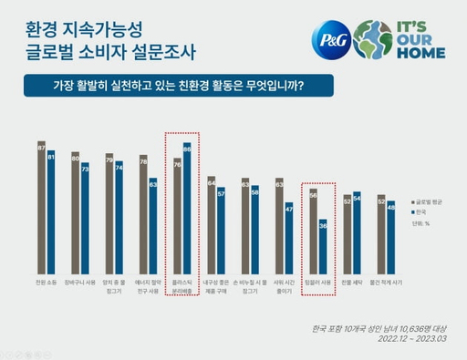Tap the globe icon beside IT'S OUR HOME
pyautogui.click(x=374, y=40)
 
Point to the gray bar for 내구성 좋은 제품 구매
pyautogui.click(x=211, y=223)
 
